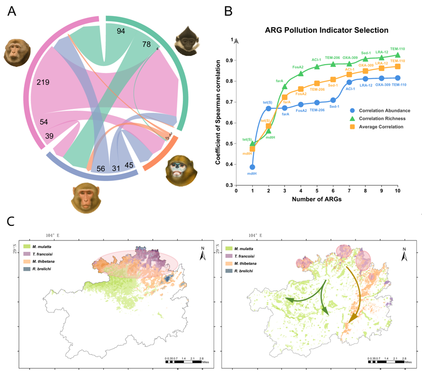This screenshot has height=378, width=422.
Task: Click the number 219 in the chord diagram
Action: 43,82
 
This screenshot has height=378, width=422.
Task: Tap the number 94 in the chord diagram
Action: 121,31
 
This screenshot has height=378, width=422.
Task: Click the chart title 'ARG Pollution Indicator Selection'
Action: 326,30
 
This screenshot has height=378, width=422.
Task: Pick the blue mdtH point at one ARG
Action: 252,167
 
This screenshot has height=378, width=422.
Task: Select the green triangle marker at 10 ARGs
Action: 398,55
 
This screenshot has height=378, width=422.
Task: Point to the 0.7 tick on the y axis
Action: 230,102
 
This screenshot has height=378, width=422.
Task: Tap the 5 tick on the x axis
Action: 317,191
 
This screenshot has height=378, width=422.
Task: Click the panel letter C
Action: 11,221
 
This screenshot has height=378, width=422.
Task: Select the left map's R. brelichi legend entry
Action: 41,270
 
